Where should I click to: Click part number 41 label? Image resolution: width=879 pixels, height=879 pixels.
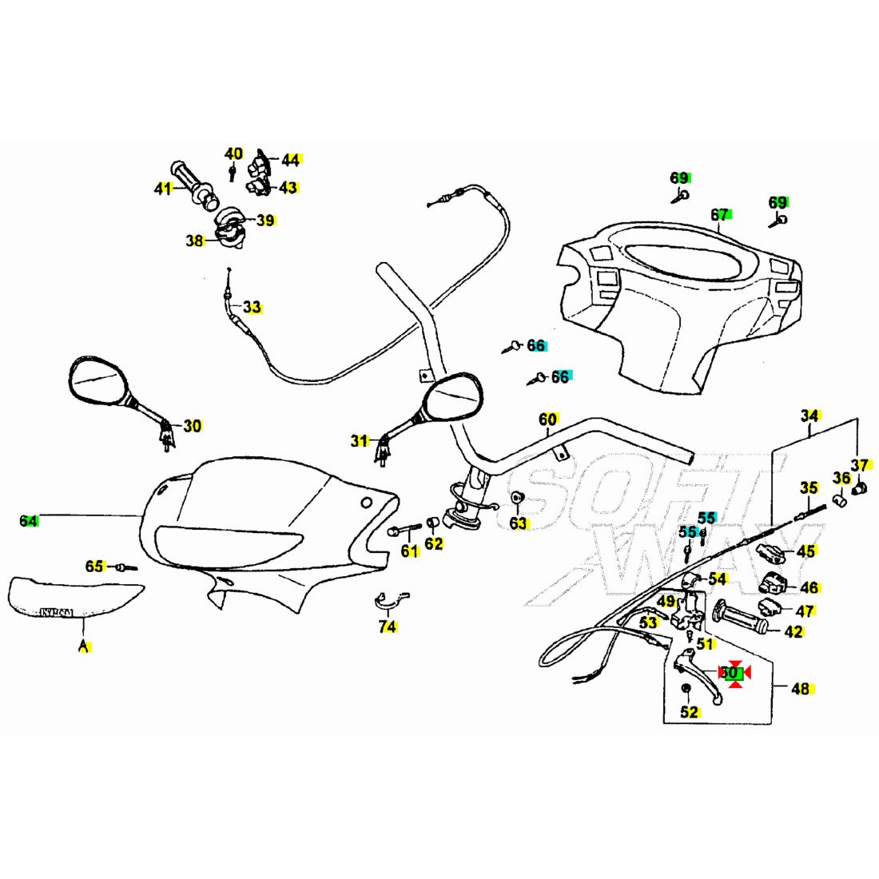point(163,189)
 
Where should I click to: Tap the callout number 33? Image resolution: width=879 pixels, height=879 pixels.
point(253,307)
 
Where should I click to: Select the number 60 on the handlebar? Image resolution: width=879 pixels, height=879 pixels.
point(547,420)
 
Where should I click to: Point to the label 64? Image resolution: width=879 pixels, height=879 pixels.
point(29,521)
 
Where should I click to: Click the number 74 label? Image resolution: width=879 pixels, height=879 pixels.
point(388,627)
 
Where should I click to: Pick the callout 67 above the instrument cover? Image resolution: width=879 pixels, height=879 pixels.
point(720,215)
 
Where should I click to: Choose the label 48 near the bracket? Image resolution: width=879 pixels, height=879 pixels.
point(800,688)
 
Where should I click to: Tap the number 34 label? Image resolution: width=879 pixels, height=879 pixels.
point(810,416)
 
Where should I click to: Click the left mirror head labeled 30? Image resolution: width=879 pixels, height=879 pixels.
point(97,380)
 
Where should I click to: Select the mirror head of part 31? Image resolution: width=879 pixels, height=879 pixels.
point(453,397)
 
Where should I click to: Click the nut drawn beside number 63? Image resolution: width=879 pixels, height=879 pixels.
point(517,499)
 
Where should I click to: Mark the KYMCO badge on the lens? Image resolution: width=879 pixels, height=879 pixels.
point(56,613)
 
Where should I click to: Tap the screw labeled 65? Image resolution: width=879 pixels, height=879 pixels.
point(123,567)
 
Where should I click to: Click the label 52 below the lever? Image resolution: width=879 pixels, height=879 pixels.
point(690,712)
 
